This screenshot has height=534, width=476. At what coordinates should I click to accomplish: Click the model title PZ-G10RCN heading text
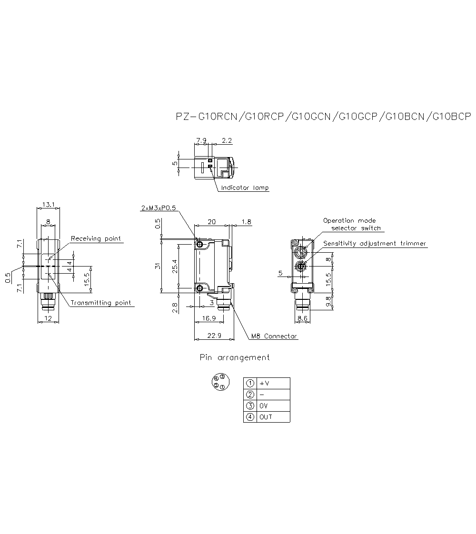(x=323, y=117)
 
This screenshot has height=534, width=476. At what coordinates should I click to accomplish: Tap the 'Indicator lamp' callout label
(x=245, y=188)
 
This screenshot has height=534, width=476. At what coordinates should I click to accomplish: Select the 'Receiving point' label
(x=96, y=238)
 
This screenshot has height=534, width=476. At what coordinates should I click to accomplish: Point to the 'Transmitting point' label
(x=100, y=303)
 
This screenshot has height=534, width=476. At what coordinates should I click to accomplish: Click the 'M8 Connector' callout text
(x=274, y=336)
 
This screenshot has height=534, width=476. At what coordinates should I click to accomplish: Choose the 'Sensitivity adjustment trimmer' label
(x=375, y=244)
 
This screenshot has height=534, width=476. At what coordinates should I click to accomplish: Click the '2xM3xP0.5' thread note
(x=159, y=208)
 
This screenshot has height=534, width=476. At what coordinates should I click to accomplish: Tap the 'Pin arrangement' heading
(x=234, y=357)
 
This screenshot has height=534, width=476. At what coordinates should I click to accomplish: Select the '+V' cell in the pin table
(x=265, y=384)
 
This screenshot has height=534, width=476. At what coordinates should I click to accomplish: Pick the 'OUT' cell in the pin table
(x=266, y=417)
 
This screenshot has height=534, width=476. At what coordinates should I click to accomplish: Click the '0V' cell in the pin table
(x=264, y=406)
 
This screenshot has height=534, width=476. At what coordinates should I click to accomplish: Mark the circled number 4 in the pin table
(x=250, y=417)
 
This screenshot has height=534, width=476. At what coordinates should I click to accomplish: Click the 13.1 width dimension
(x=48, y=205)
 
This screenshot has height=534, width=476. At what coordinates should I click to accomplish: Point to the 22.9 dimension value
(x=214, y=336)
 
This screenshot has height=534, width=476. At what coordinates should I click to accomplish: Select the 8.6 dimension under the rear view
(x=303, y=318)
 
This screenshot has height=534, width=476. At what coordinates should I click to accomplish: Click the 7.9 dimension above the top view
(x=201, y=141)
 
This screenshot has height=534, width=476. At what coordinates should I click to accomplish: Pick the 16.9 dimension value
(x=209, y=318)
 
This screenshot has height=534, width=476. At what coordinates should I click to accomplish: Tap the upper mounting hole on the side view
(x=200, y=245)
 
